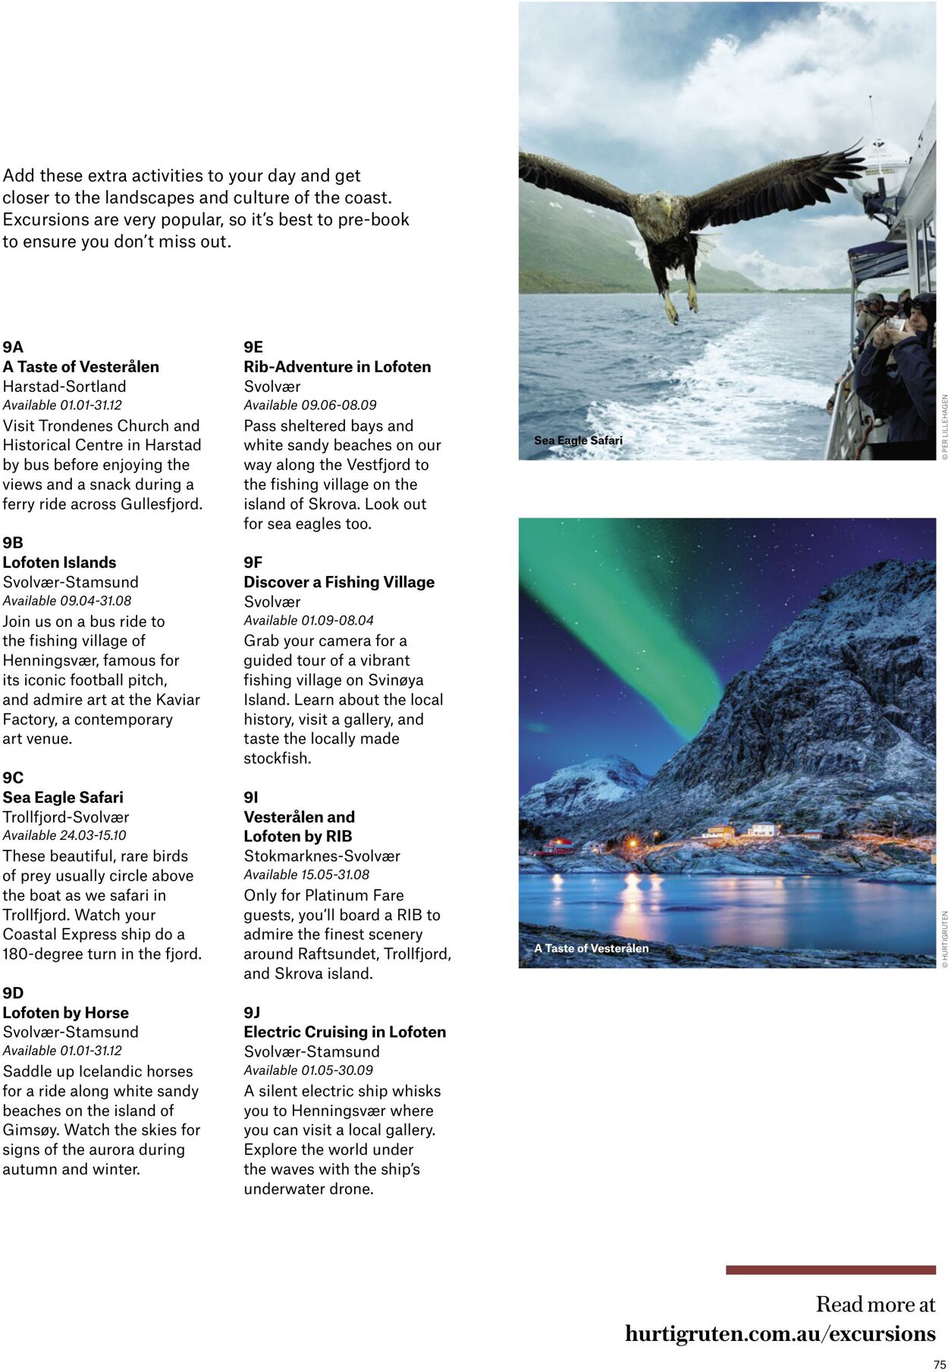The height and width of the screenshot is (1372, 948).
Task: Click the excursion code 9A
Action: tap(13, 347)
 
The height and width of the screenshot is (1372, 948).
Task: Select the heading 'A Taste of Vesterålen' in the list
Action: tap(80, 367)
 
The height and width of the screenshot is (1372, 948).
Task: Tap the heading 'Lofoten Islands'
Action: tap(59, 562)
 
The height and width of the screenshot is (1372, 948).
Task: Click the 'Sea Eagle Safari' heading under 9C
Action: tap(63, 797)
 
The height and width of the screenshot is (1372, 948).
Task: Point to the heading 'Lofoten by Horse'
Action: tap(65, 1013)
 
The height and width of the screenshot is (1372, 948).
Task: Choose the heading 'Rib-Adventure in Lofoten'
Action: tap(337, 367)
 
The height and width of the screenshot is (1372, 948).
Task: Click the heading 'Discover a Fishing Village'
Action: tap(339, 582)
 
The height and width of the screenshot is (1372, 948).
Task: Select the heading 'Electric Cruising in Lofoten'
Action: tap(344, 1032)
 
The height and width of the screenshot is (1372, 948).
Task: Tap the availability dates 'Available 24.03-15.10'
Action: tap(64, 835)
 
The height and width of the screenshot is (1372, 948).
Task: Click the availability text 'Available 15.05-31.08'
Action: tap(306, 875)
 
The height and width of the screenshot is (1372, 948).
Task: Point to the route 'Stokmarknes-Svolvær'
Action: tap(322, 856)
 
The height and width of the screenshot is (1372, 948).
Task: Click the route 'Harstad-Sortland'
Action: tap(64, 386)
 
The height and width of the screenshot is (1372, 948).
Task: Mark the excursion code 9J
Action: tap(252, 1013)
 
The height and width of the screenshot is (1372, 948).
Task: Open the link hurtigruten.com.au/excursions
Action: tap(780, 1334)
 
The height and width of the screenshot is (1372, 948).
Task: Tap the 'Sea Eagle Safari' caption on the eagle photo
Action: tap(578, 440)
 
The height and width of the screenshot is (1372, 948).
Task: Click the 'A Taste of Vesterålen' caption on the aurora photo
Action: tap(591, 948)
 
